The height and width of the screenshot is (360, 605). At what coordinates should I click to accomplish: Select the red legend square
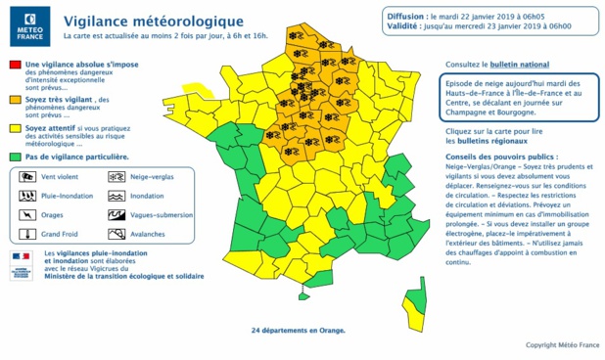(x=15, y=65)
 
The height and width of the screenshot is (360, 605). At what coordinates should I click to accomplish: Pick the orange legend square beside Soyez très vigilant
(x=15, y=99)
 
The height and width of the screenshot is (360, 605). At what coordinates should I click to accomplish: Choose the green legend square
(x=15, y=157)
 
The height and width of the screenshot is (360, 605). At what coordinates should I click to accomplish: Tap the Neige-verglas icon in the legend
(x=116, y=177)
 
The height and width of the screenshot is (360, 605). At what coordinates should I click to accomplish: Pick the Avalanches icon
(x=116, y=235)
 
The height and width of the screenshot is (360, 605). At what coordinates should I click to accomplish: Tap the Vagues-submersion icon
(x=116, y=215)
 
